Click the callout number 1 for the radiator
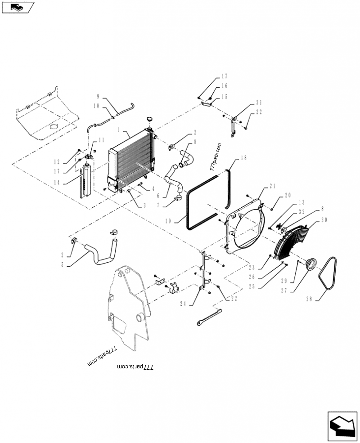[118, 130]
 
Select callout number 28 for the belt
[309, 299]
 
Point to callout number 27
[284, 290]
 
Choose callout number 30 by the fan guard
[324, 220]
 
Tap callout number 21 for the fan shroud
[272, 186]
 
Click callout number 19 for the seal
[168, 221]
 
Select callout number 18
[243, 158]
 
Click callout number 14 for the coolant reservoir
[57, 183]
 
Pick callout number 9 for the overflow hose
[98, 96]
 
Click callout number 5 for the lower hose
[63, 265]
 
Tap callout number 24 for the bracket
[183, 304]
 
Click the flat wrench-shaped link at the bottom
[209, 317]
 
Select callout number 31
[259, 103]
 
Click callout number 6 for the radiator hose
[158, 196]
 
